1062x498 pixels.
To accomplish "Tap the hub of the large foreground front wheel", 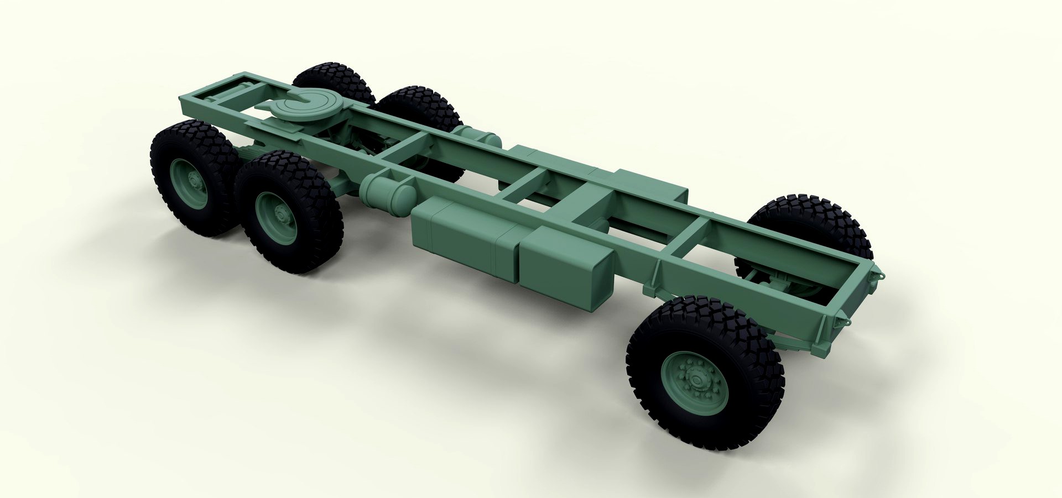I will (x=695, y=379).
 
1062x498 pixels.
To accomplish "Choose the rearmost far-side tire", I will (x=332, y=83).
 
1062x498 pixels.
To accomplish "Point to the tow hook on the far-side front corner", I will (x=878, y=273).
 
